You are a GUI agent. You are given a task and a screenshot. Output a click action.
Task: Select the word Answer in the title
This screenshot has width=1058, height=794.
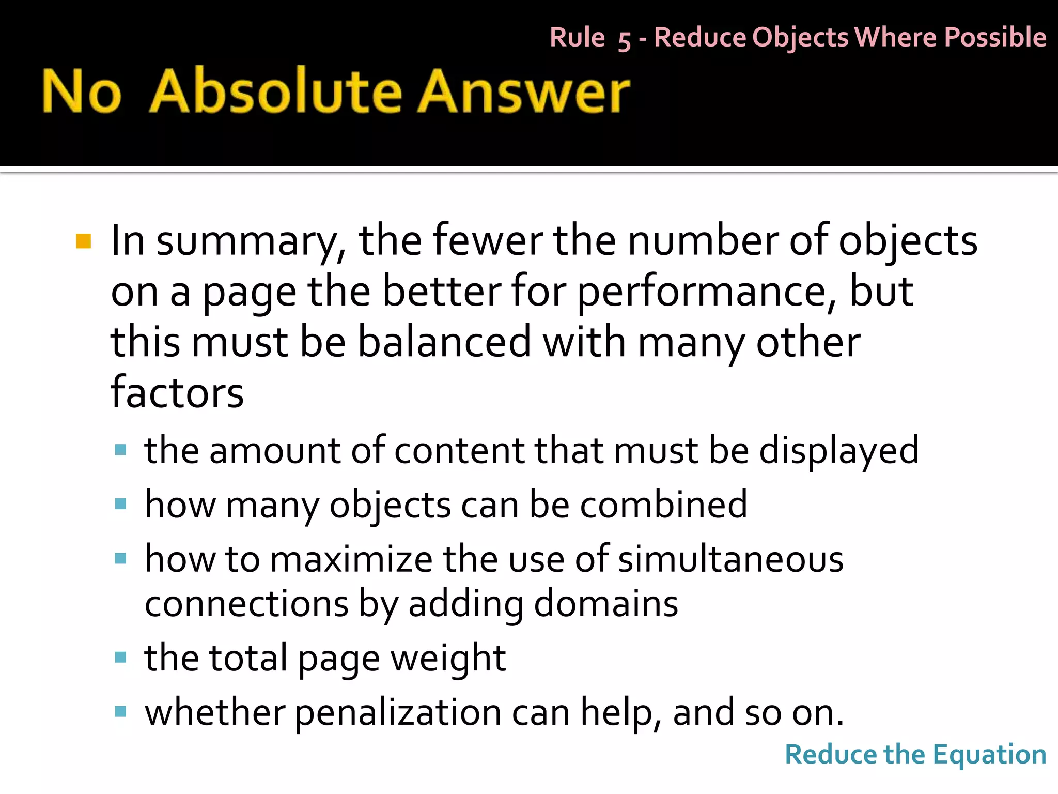pos(524,91)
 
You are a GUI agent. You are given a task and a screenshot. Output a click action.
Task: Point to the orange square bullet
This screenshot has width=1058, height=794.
pos(83,241)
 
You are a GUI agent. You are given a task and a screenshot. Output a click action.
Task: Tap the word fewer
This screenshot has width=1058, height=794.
pos(488,241)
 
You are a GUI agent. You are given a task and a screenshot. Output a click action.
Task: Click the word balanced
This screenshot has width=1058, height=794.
pos(444,342)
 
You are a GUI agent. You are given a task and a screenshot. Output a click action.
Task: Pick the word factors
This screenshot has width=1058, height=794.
pos(177,393)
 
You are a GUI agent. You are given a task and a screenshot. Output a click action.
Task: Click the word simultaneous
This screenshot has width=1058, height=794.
pos(730,560)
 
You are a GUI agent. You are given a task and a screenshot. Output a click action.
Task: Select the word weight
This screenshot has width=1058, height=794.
pos(448,659)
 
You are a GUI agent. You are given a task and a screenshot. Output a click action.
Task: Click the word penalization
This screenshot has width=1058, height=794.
pos(398,713)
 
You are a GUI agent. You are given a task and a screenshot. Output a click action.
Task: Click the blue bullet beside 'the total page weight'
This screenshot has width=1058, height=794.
pos(121,658)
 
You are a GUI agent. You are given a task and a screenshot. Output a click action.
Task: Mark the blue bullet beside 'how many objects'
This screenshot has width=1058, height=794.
pos(121,504)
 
